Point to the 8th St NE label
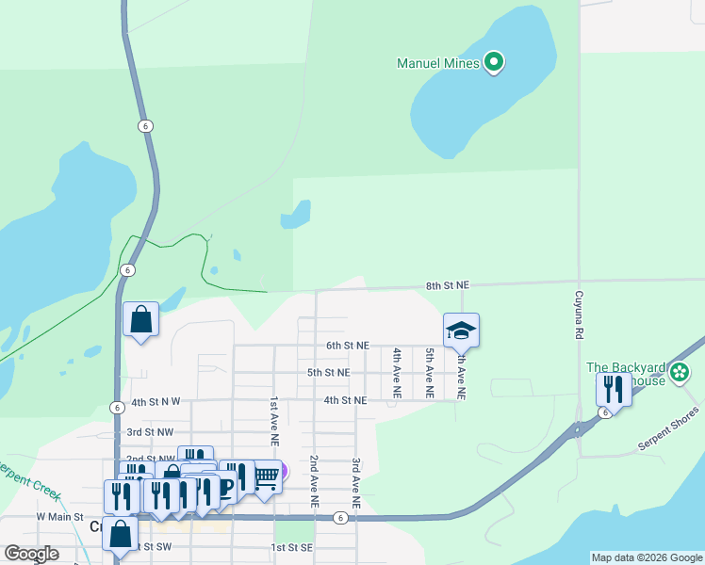tap(447, 284)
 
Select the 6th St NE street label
tap(348, 346)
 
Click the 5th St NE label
tap(329, 373)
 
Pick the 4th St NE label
tap(345, 400)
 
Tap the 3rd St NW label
tap(151, 431)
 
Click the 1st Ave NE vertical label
tap(274, 420)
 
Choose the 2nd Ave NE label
tap(314, 481)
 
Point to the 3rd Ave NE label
tap(356, 484)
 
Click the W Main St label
tap(60, 517)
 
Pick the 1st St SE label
tap(291, 547)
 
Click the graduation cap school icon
tap(462, 331)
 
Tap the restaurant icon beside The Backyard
tap(614, 389)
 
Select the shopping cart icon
tap(266, 478)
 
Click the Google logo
tap(31, 554)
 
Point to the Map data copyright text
tap(646, 557)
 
